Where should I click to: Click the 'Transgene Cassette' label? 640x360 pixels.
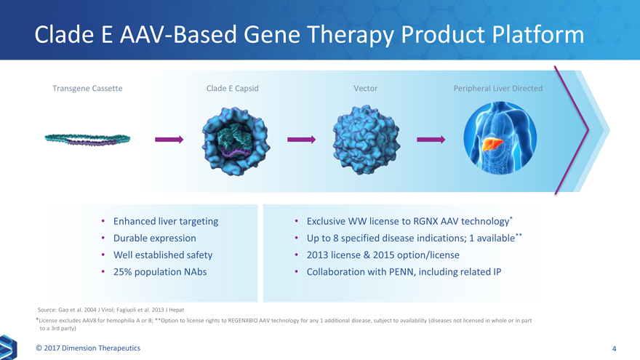87,89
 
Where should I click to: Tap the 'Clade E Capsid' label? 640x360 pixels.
233,89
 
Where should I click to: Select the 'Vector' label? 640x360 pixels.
365,89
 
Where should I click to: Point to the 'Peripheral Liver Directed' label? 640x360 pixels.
497,89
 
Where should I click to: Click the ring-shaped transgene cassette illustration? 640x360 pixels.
87,140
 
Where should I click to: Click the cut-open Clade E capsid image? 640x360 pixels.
236,140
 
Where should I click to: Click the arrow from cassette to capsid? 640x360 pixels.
169,139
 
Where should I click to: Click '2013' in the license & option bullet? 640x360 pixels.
321,255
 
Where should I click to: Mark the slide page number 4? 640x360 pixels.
615,349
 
